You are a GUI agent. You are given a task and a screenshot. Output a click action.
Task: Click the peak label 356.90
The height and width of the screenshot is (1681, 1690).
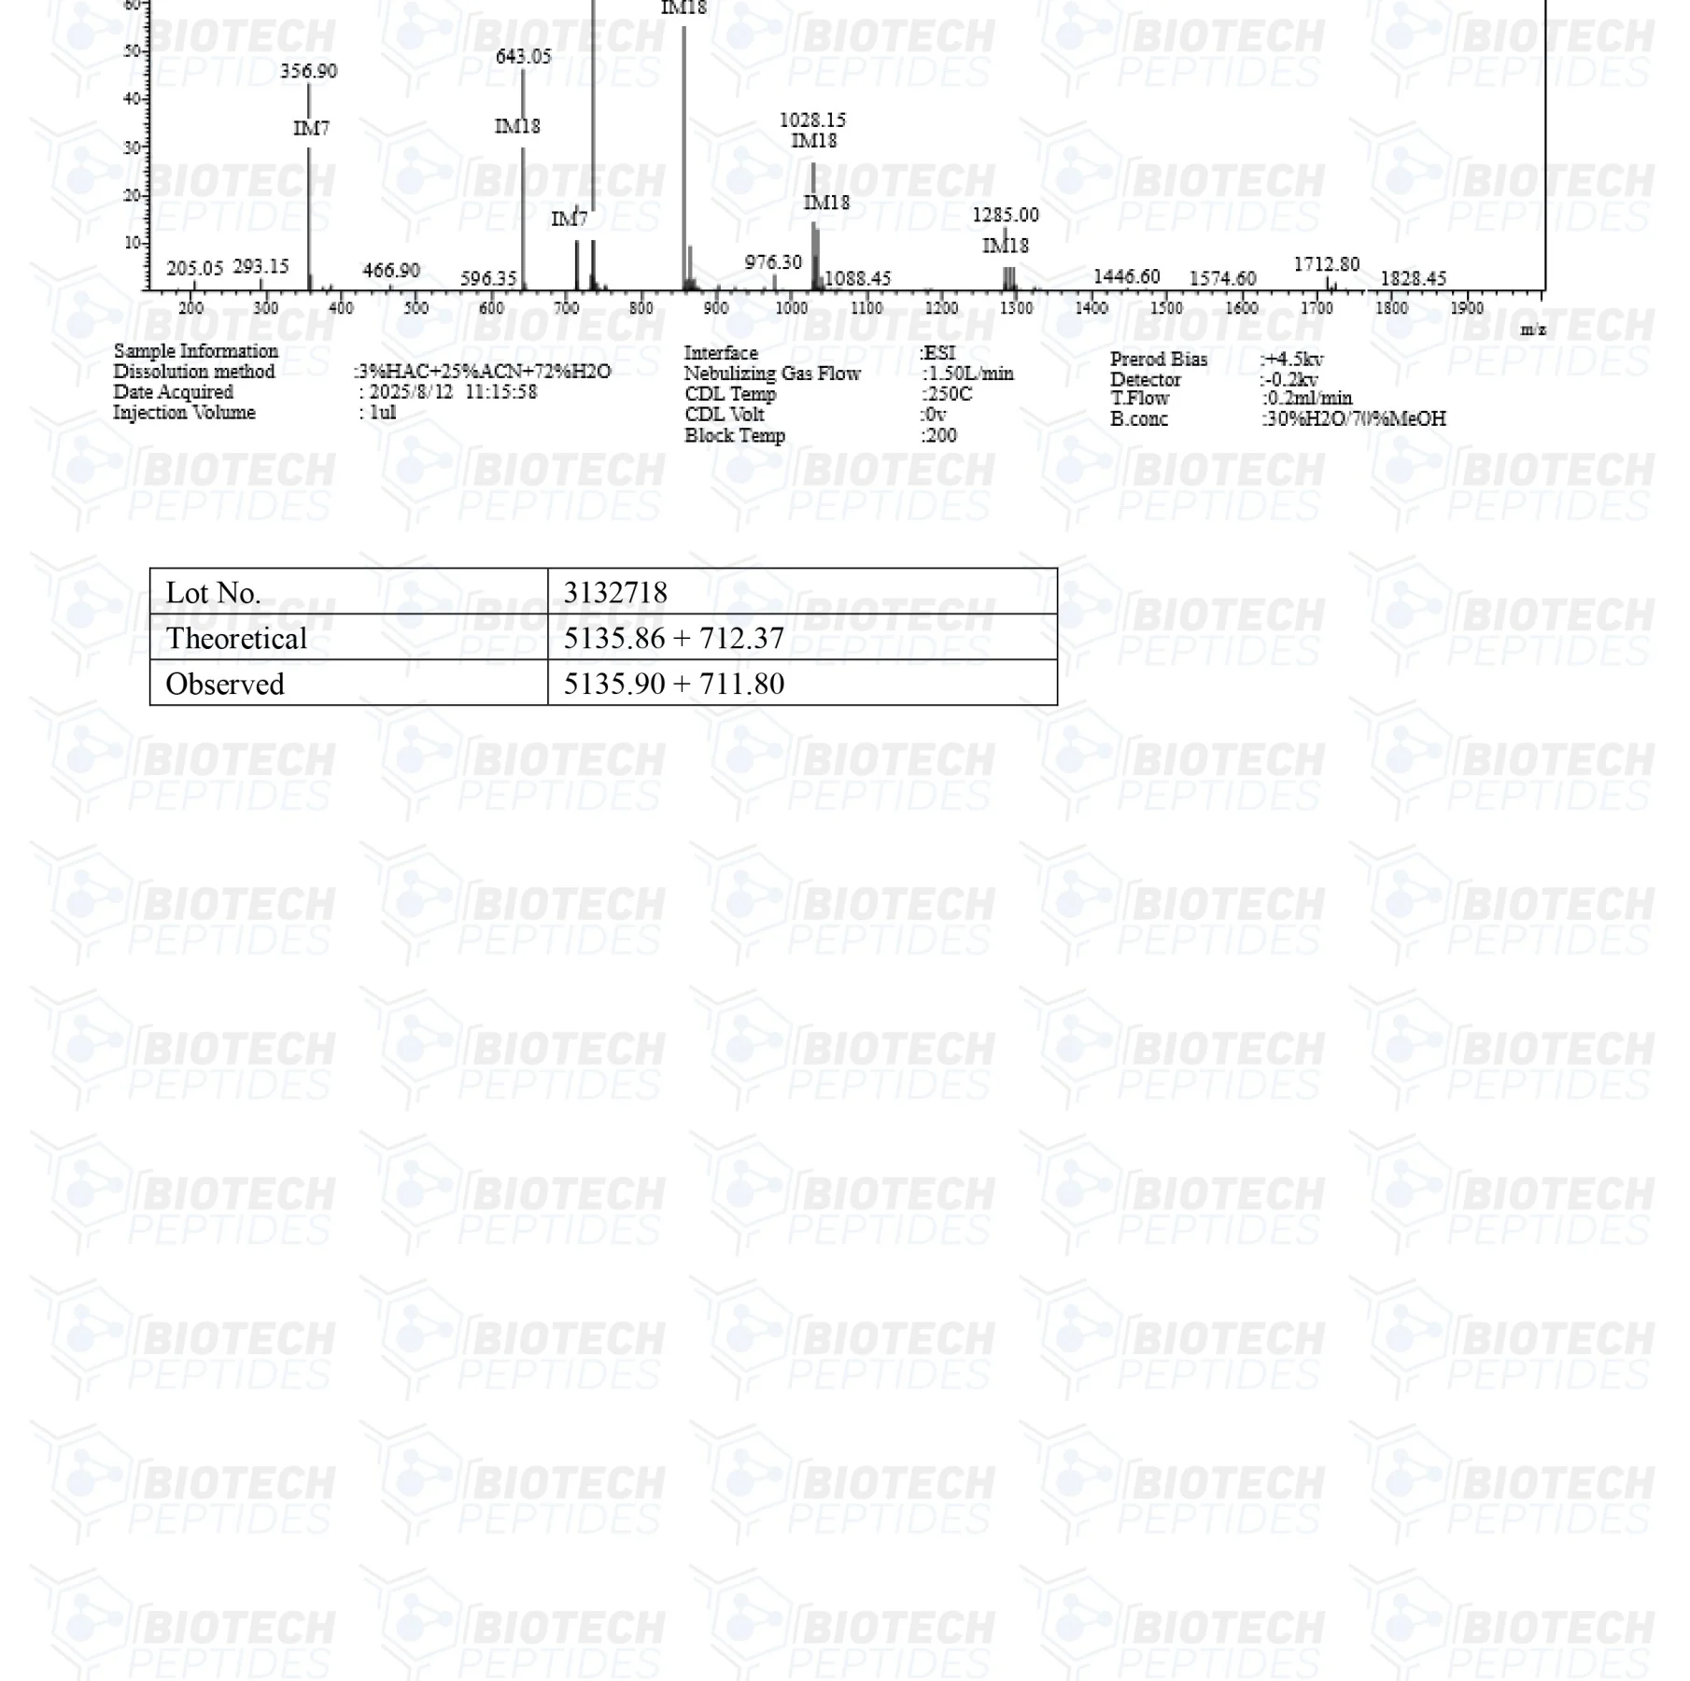tap(309, 71)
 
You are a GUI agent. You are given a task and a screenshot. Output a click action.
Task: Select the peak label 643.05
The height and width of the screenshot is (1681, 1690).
tap(523, 57)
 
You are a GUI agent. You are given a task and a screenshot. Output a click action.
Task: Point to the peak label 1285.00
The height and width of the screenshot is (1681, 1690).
tap(1005, 215)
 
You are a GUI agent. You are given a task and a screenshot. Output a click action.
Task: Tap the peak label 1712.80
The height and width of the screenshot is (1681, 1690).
tap(1326, 264)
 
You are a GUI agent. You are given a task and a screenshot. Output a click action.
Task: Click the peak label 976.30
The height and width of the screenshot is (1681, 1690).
tap(773, 262)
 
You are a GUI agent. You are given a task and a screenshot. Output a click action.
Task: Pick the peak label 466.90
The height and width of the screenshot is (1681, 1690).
tap(391, 270)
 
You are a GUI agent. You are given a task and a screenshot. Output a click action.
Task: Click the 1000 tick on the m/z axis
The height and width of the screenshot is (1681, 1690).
tap(791, 308)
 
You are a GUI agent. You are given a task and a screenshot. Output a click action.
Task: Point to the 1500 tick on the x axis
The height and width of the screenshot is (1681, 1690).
tap(1166, 308)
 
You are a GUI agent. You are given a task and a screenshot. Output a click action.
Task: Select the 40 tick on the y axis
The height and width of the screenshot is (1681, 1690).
tap(132, 99)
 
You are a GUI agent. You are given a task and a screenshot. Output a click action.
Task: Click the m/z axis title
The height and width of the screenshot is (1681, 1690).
tap(1532, 330)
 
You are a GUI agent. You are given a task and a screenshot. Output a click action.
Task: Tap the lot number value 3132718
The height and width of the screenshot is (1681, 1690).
tap(615, 592)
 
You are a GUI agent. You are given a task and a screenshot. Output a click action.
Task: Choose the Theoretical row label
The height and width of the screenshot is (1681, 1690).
tap(236, 638)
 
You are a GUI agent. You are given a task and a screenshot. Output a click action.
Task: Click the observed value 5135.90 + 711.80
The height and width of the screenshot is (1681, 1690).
tap(673, 684)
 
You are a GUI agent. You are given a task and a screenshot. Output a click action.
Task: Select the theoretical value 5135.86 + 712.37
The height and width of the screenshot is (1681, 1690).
tap(673, 638)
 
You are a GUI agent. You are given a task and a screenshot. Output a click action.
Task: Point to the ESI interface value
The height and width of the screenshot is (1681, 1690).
tap(938, 353)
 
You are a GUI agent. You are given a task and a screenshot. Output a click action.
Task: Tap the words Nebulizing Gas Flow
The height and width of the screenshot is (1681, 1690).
tap(772, 374)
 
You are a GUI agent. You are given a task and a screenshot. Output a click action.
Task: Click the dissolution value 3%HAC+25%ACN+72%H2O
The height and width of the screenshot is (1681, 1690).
tap(485, 372)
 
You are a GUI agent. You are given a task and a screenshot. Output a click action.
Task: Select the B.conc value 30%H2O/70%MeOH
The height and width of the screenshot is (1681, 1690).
tap(1354, 418)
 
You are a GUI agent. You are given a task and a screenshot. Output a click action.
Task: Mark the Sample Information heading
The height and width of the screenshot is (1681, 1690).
tap(196, 351)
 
